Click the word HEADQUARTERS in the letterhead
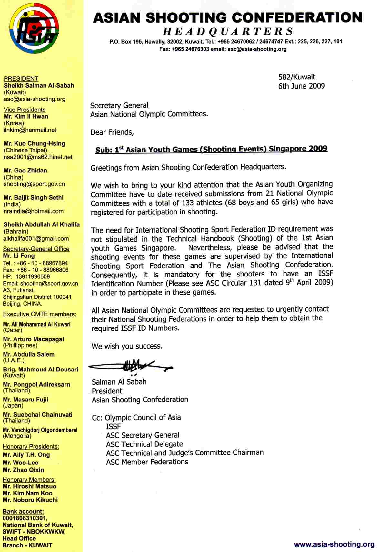(228, 31)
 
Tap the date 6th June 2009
(301, 86)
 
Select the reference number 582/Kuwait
(297, 77)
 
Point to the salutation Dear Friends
(112, 132)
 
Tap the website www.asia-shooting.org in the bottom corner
(334, 544)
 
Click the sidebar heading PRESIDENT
(21, 78)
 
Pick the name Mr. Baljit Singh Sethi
(34, 197)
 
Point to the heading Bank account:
(23, 511)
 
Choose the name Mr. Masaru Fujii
(26, 400)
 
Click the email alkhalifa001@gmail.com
(36, 239)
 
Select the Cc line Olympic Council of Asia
(143, 417)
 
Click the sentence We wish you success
(127, 346)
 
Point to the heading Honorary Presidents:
(31, 447)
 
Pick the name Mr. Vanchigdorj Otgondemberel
(40, 430)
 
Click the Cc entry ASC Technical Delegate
(144, 444)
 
